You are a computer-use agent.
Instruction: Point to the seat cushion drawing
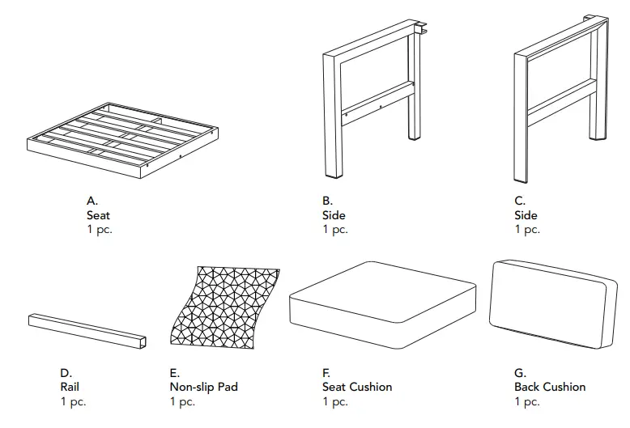381,303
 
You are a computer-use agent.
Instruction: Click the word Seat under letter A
98,215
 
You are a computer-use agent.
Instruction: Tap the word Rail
70,387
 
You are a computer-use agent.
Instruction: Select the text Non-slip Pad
204,387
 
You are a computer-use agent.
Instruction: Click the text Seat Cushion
356,387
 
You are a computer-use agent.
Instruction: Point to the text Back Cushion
549,387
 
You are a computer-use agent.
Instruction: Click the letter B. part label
327,201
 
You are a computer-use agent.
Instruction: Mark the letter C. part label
520,201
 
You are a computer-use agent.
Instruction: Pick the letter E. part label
175,373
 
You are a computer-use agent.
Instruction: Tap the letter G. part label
520,373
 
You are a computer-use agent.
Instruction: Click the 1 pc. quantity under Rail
73,401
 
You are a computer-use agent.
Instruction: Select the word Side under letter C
526,215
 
